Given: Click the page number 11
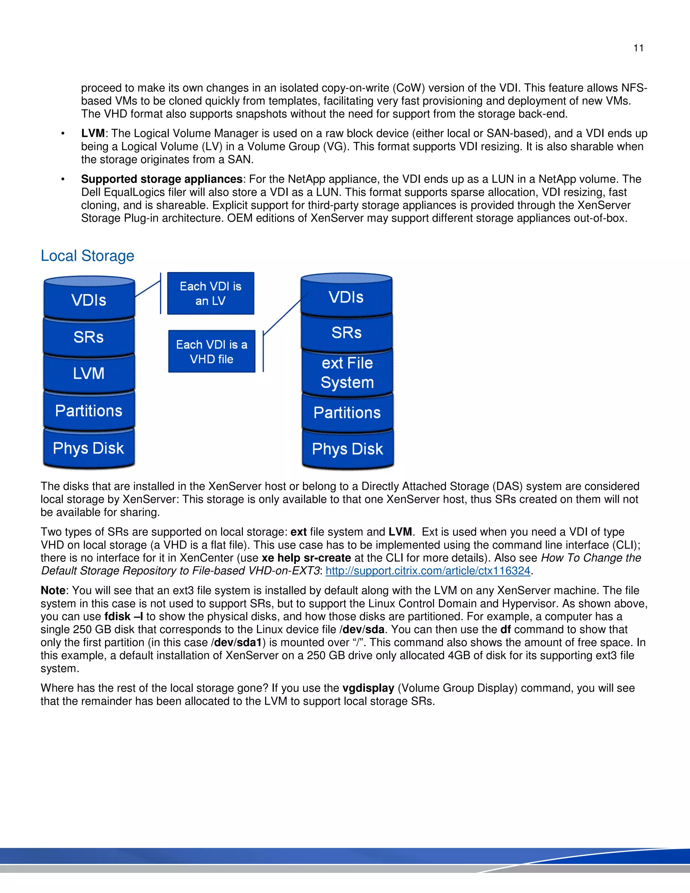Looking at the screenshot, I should (x=638, y=48).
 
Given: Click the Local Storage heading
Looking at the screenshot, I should (x=88, y=256).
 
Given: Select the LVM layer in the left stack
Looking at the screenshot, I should (x=89, y=373).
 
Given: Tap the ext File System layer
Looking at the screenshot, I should (x=347, y=372).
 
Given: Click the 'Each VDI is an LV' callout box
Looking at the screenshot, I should (x=211, y=294).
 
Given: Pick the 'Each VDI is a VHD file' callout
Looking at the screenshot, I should (x=211, y=351).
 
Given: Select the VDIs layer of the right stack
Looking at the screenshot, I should (x=346, y=297).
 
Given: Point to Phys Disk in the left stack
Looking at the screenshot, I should (x=88, y=448).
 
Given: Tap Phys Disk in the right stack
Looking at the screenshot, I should (x=347, y=449).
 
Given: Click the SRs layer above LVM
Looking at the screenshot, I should (x=89, y=337).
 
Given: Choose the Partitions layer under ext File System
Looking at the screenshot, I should (x=347, y=412).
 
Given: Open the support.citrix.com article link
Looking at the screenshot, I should (x=428, y=571).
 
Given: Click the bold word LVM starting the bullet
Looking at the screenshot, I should (x=93, y=134).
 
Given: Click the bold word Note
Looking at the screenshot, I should (x=53, y=590).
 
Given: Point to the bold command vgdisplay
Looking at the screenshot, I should (x=368, y=688).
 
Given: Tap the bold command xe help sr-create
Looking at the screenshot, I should (x=306, y=558).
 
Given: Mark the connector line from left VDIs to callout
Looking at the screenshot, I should (x=148, y=289).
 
